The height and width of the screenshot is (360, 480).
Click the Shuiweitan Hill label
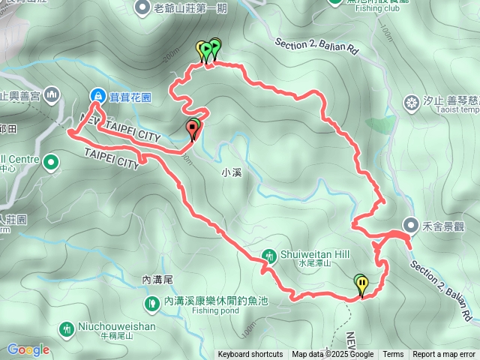[315, 254]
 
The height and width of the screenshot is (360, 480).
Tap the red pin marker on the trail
[193, 130]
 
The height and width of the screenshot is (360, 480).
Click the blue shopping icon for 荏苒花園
[97, 95]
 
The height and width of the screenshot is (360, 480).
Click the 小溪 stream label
[232, 172]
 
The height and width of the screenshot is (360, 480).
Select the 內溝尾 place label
[157, 279]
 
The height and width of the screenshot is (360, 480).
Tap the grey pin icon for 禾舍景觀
[411, 224]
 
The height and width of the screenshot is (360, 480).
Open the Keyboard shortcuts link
[250, 354]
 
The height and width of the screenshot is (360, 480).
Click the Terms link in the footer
[393, 354]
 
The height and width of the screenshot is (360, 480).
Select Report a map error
[444, 354]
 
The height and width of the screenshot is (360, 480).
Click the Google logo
[28, 349]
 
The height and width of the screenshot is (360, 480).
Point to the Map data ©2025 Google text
[332, 354]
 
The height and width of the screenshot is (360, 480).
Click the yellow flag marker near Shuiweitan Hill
[362, 284]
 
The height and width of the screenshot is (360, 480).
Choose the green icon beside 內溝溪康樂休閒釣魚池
[151, 302]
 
